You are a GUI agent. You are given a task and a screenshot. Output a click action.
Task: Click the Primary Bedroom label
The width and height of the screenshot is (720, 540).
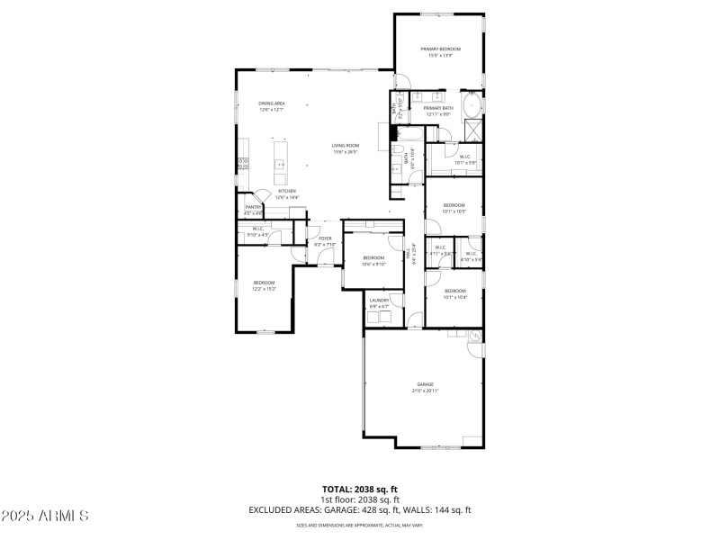pyautogui.click(x=441, y=49)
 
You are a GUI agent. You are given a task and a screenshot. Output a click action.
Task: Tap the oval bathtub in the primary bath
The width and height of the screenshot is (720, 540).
pyautogui.click(x=472, y=108)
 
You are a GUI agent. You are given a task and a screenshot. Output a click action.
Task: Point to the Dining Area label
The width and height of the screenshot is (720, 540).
pyautogui.click(x=272, y=103)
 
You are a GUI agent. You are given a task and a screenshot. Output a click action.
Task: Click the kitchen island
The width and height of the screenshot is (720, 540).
pyautogui.click(x=280, y=158)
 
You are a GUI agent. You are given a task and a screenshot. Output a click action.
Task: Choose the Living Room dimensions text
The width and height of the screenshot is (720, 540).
pyautogui.click(x=346, y=152)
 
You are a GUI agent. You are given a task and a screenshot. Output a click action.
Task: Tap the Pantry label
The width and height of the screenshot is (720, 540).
pyautogui.click(x=253, y=207)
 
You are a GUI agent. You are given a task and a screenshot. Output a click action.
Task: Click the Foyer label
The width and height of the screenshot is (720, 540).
pyautogui.click(x=324, y=238)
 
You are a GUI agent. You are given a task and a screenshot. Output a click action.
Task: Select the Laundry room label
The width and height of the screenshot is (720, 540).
pyautogui.click(x=379, y=301)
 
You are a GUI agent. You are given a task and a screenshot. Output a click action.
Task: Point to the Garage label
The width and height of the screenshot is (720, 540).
pyautogui.click(x=424, y=384)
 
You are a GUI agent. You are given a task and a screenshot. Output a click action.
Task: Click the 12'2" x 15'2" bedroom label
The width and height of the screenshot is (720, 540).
pyautogui.click(x=265, y=283)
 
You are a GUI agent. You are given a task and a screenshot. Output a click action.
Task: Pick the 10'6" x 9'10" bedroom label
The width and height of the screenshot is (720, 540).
pyautogui.click(x=373, y=258)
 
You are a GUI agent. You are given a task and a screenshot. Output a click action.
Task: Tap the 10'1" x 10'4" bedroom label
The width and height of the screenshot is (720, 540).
pyautogui.click(x=454, y=291)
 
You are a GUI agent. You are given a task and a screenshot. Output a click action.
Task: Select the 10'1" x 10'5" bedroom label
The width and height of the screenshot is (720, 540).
pyautogui.click(x=454, y=205)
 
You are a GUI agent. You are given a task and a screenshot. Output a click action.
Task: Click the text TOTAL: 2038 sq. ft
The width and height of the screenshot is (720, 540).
pyautogui.click(x=359, y=489)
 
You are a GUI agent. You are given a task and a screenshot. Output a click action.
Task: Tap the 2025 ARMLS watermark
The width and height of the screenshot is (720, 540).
pyautogui.click(x=45, y=517)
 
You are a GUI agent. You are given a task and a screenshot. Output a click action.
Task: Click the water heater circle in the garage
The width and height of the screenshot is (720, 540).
pyautogui.click(x=474, y=337)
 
